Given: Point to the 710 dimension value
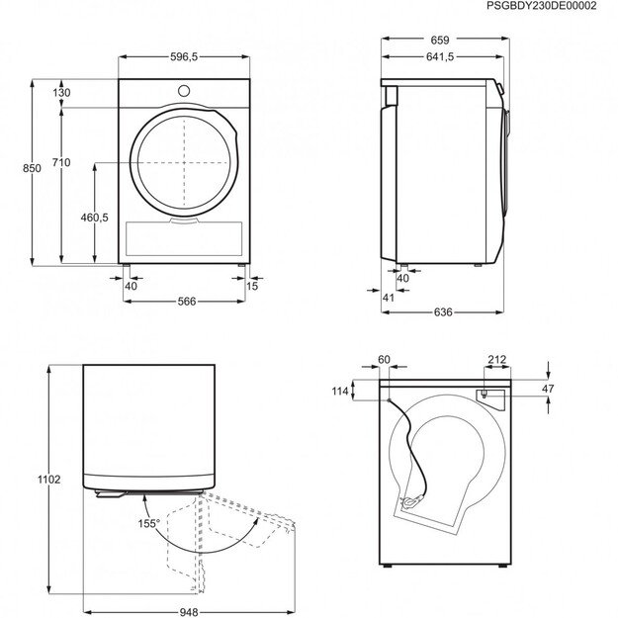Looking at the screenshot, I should (61, 162).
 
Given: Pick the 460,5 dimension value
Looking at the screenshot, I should (95, 218).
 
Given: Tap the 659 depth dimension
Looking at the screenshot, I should (440, 41).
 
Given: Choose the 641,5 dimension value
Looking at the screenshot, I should (439, 58).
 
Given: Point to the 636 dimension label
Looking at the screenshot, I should (442, 312).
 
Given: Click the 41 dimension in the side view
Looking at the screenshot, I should (388, 297).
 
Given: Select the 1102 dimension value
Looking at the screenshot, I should (50, 480).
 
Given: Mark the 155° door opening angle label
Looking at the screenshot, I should (148, 523).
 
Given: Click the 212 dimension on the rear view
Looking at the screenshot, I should (496, 360).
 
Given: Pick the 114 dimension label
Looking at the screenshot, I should (341, 392).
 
